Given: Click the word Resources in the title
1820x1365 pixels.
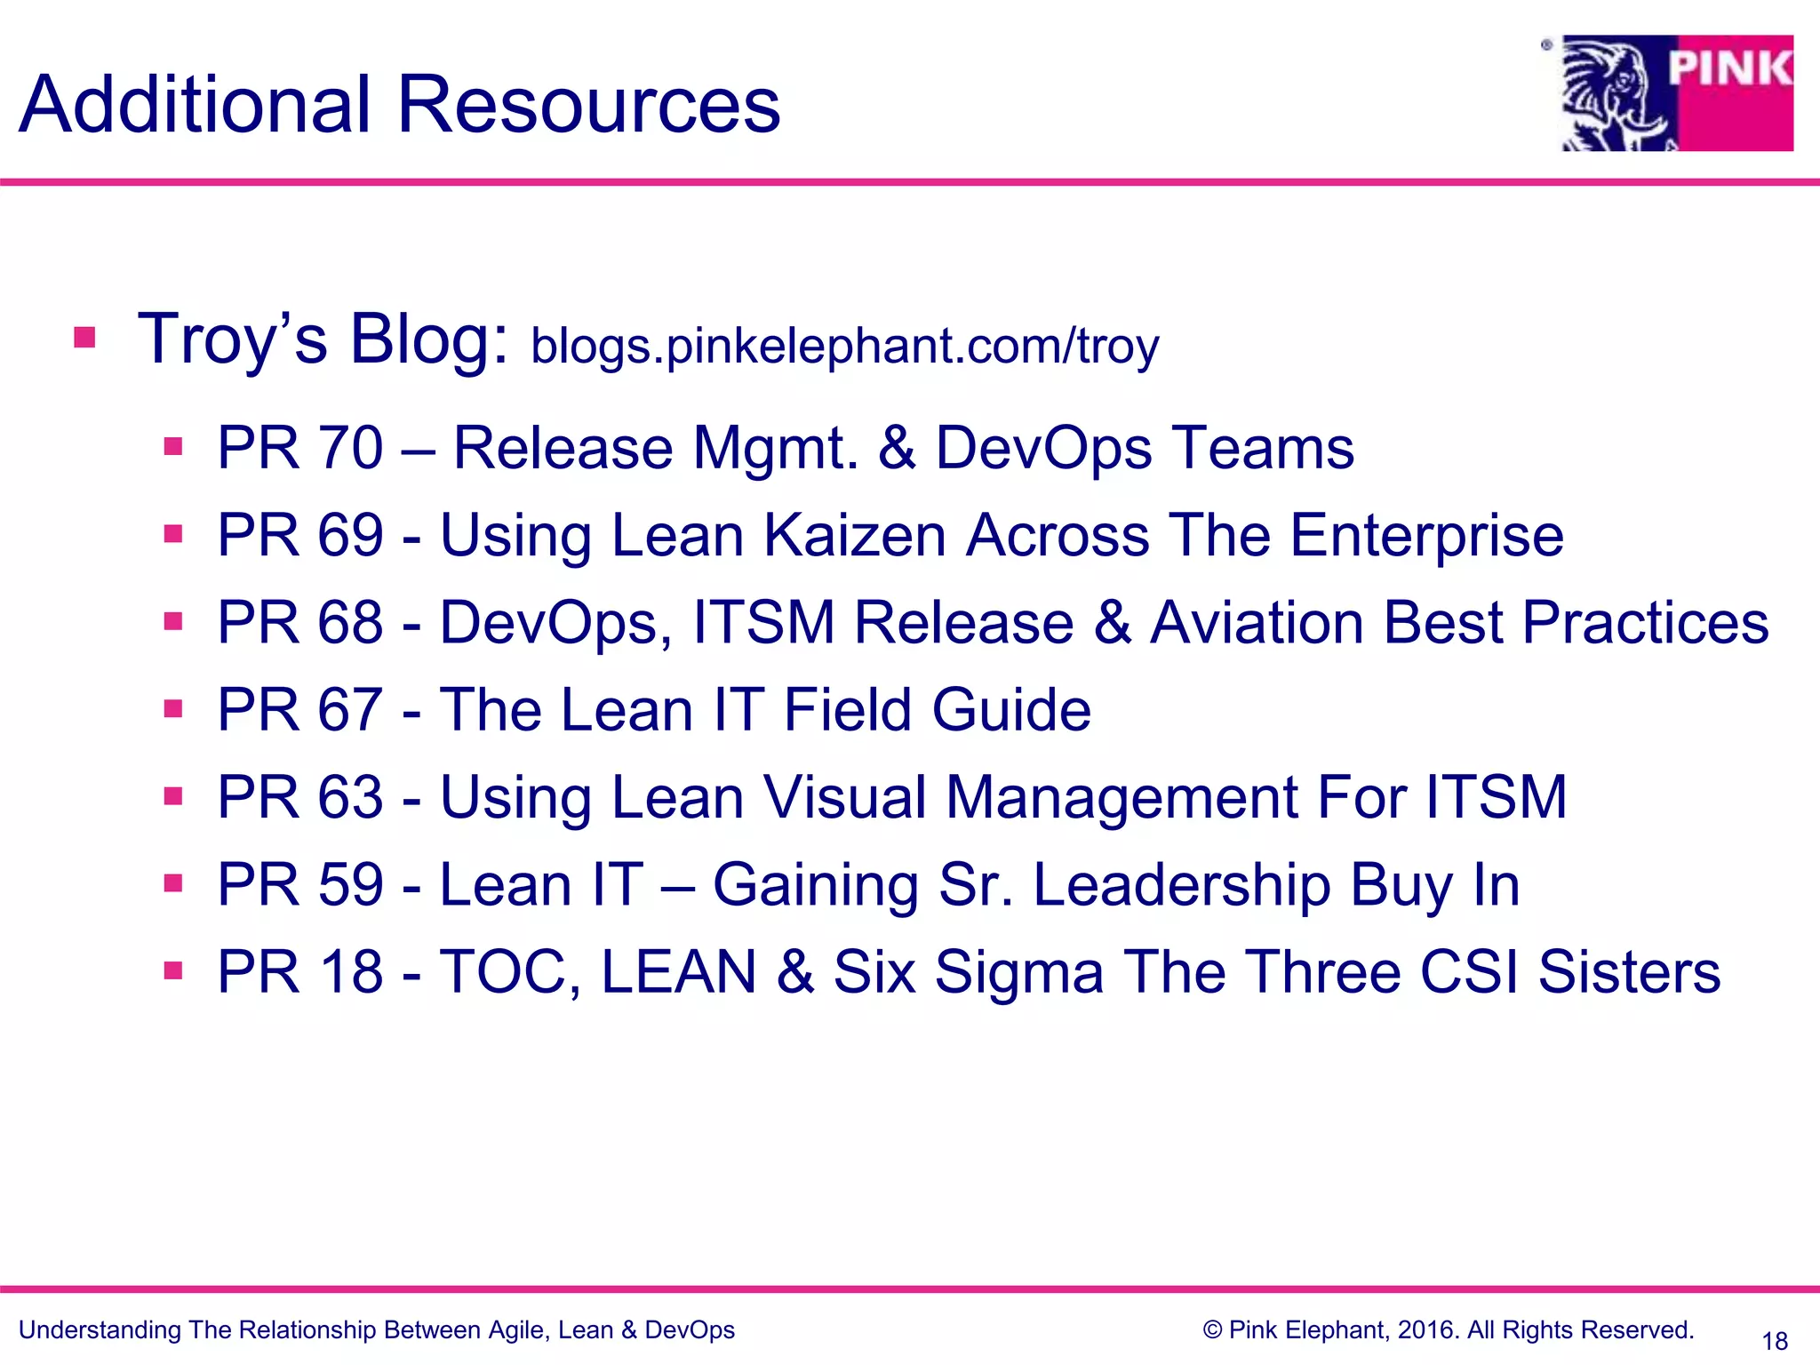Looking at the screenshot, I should coord(588,105).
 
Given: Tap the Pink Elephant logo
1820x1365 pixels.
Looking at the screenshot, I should coord(1677,93).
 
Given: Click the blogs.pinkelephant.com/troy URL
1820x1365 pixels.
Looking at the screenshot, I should coord(844,346).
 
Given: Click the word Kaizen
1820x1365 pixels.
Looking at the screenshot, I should coord(855,536).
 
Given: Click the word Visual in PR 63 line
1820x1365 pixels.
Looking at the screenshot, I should coord(845,797).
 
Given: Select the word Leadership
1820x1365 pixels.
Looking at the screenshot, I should coord(1182,885).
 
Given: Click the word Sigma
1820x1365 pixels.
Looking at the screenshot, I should coord(1019,973).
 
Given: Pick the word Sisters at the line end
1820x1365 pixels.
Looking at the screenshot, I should coord(1629,971).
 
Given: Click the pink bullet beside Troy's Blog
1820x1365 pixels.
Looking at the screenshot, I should coord(84,338).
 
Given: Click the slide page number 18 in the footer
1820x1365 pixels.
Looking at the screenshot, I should coord(1775,1341).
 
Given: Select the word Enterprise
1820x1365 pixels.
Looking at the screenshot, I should coord(1426,536).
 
